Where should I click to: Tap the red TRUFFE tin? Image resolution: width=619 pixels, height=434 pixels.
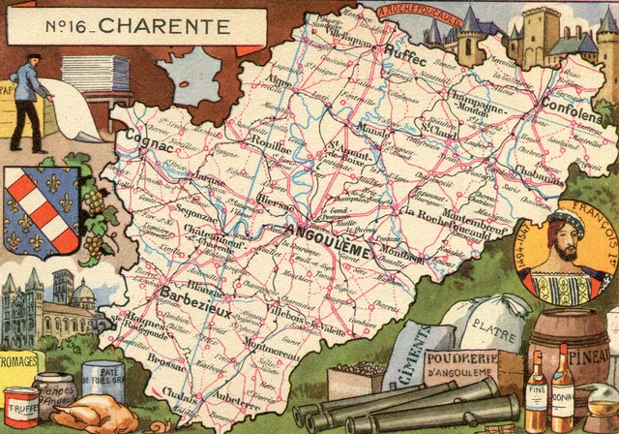click(x=20, y=406)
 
